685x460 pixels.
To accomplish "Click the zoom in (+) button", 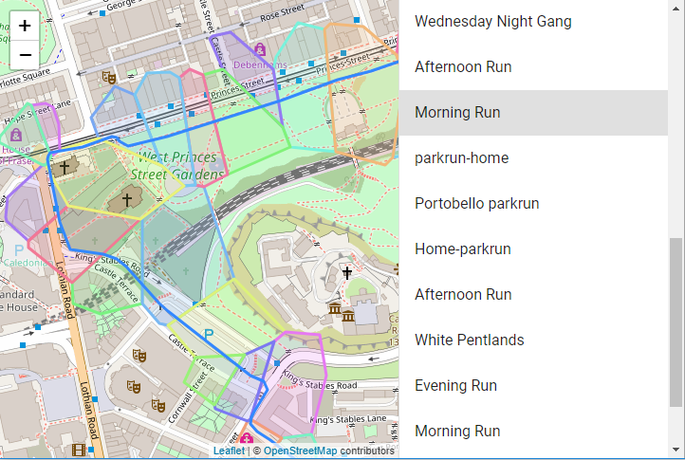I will coord(24,26).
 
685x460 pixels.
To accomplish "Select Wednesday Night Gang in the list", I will coord(492,21).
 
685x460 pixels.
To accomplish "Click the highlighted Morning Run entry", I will coord(456,112).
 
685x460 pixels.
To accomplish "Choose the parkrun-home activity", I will coord(461,157).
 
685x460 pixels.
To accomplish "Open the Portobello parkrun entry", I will coord(476,203).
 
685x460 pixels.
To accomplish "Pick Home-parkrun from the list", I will coord(462,248).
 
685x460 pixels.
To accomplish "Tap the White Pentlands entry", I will coord(469,340).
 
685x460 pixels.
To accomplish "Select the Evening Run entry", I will coord(455,385).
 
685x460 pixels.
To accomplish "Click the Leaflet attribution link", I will coord(229,451).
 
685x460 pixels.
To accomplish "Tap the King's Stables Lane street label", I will coord(348,419).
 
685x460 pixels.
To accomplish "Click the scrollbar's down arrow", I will coord(676,450).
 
